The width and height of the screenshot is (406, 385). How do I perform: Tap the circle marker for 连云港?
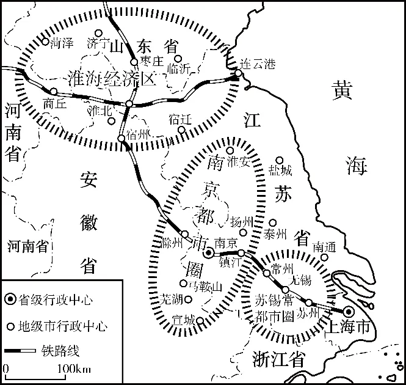tap(239, 74)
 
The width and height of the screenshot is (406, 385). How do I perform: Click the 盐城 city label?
tap(280, 170)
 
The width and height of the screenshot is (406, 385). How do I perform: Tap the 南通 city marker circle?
tap(325, 257)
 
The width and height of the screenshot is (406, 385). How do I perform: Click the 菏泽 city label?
tap(62, 43)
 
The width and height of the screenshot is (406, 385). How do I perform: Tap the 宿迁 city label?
tap(180, 119)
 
